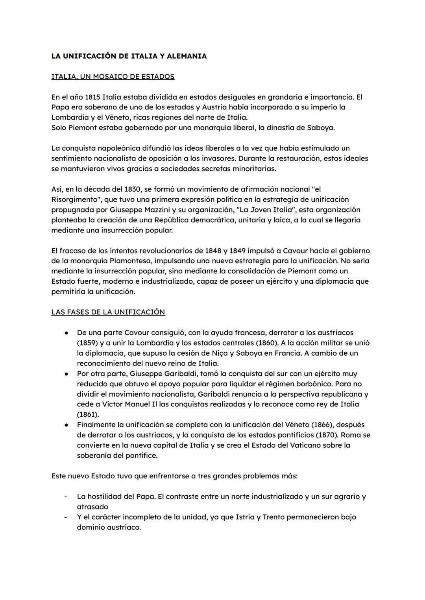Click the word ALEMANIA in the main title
click(x=187, y=56)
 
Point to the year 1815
click(x=92, y=97)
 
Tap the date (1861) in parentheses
click(x=88, y=414)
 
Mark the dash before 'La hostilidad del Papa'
click(x=66, y=497)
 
